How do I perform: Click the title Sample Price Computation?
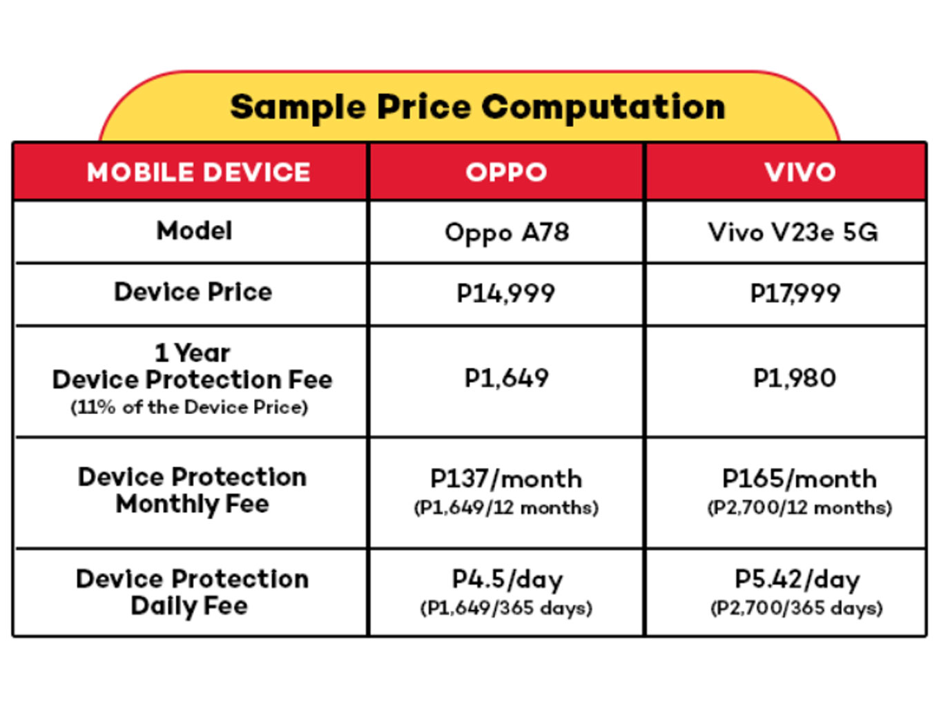[477, 107]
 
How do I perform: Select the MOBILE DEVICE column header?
[198, 173]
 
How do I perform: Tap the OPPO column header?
[506, 173]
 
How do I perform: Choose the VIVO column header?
[800, 173]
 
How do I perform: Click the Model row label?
[194, 231]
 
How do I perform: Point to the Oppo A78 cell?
[507, 233]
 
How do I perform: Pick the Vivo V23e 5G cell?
[793, 233]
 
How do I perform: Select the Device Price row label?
[193, 292]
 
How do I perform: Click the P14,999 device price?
[505, 293]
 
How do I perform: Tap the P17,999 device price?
[795, 293]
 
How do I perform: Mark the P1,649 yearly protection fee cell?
[506, 378]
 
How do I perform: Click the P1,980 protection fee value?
[794, 378]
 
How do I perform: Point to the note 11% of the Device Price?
[188, 407]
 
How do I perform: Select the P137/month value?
[506, 479]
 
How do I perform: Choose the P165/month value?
[799, 479]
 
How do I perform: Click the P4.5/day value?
[507, 579]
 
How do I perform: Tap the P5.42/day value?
[797, 579]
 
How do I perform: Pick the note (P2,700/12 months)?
[799, 508]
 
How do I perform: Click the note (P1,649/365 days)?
[506, 608]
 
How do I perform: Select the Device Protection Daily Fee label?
[191, 592]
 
